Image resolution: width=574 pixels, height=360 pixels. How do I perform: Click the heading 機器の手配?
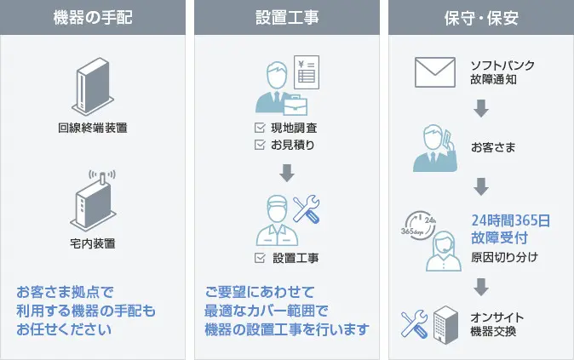click(92, 16)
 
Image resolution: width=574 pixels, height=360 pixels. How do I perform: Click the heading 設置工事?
click(287, 16)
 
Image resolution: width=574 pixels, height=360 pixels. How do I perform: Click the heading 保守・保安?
click(481, 16)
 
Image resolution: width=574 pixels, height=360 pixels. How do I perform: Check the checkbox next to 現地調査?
click(260, 128)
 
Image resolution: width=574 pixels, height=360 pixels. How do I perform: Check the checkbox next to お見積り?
click(260, 145)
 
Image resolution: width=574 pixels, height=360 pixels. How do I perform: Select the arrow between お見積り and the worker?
click(287, 172)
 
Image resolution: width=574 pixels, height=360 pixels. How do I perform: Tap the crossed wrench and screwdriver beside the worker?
click(306, 209)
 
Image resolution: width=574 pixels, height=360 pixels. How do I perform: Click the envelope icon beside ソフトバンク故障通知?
click(436, 73)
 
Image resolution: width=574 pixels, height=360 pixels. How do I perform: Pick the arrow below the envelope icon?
click(481, 108)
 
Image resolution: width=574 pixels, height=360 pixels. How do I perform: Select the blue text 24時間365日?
click(510, 220)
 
